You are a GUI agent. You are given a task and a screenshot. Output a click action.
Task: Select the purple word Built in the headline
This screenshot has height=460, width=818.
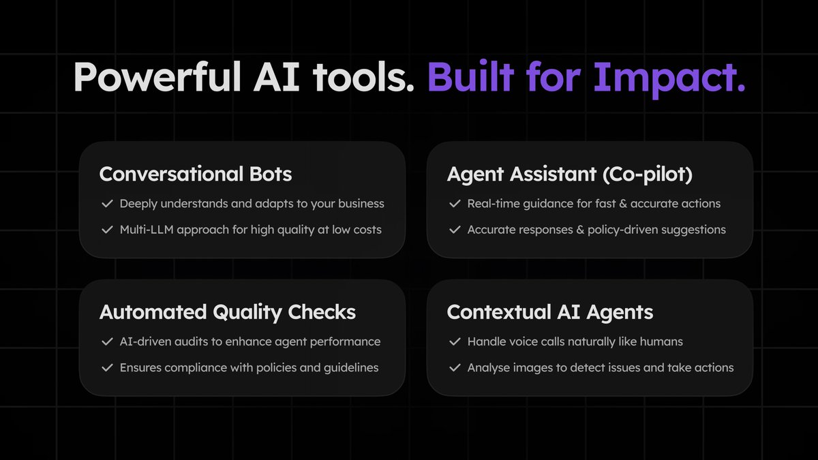pos(470,78)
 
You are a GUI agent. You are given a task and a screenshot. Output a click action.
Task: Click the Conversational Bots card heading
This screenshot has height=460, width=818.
pos(196,174)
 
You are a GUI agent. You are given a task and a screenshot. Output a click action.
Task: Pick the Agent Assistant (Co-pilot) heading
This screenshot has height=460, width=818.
pos(569,174)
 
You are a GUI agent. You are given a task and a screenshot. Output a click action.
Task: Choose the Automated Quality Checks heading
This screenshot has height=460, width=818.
pos(228,312)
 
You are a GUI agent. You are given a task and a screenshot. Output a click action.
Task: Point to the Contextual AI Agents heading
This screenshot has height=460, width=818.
pos(550,312)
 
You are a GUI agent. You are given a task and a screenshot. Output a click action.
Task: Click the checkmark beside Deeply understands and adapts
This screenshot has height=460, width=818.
pos(106,204)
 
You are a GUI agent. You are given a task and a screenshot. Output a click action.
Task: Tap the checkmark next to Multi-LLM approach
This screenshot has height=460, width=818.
pos(106,230)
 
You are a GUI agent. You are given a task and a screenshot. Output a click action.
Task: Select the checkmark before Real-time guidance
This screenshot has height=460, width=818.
pos(455,204)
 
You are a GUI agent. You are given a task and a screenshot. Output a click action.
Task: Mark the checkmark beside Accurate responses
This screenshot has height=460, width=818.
pos(455,230)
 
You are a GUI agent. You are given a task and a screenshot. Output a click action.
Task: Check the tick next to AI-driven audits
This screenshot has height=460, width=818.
pos(106,341)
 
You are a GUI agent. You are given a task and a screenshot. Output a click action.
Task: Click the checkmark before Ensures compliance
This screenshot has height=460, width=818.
pos(106,367)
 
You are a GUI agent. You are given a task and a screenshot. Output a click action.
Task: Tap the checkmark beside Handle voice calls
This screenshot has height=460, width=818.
pos(455,341)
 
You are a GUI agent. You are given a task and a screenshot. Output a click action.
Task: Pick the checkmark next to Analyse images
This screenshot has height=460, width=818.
pos(455,367)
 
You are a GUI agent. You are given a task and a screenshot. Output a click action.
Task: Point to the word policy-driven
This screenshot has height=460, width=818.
pos(620,230)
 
